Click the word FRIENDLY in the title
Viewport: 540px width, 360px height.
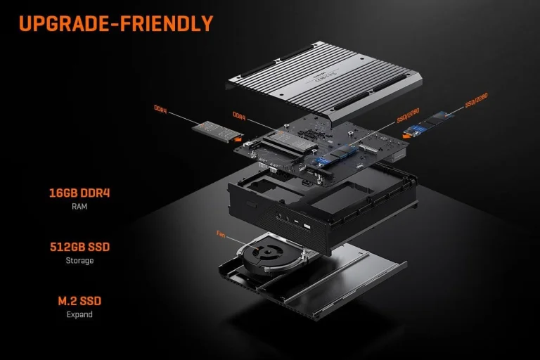[167, 23]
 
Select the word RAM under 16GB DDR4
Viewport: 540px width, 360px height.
[79, 207]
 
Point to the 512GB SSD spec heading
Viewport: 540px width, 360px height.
[79, 247]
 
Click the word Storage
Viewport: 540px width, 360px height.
[79, 260]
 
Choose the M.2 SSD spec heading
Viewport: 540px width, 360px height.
[79, 301]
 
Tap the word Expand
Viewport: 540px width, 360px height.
[79, 314]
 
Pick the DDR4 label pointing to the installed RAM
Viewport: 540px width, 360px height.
[239, 115]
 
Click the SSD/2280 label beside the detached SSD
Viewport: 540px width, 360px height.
[476, 99]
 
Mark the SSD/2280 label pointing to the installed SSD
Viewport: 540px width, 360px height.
[409, 115]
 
